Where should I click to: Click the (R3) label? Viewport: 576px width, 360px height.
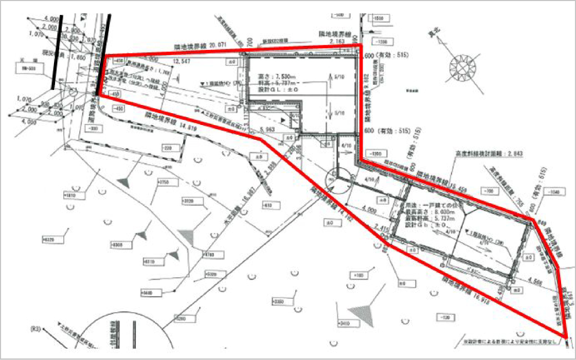[x=35, y=341]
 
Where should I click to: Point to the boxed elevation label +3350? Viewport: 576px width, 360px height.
[x=278, y=300]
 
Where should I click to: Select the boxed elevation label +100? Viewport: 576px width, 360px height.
[x=358, y=276]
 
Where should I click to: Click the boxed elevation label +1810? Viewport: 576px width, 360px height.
[x=70, y=195]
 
